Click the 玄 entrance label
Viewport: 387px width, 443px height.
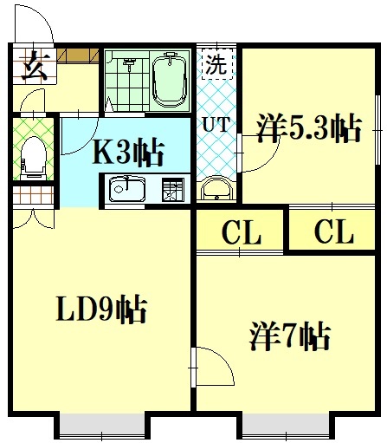[35, 66]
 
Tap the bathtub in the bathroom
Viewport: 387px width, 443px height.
[169, 80]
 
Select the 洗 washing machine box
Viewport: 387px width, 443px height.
[216, 63]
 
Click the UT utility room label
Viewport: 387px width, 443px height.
[216, 124]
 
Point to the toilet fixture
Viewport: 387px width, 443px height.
[34, 159]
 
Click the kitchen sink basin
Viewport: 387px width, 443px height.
[126, 189]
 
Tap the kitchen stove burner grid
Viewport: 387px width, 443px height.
[172, 190]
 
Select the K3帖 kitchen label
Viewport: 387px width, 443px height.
[128, 153]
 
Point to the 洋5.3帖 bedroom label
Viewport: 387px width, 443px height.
[309, 128]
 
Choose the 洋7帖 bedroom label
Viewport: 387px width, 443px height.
[289, 336]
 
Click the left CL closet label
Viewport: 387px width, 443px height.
[242, 231]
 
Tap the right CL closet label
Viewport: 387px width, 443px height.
[334, 231]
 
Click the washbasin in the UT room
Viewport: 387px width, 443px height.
[216, 188]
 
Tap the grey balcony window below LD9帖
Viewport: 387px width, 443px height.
[102, 427]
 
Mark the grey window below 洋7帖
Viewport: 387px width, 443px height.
[286, 427]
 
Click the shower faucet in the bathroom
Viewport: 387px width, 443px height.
[130, 63]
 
